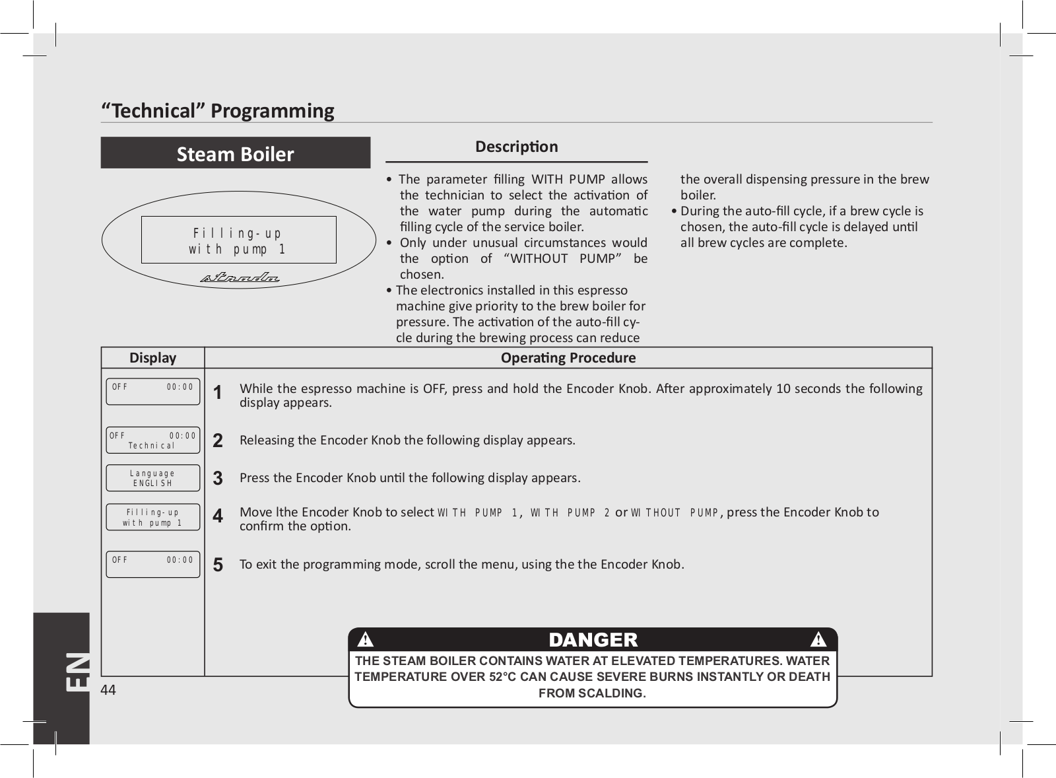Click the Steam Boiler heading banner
pos(235,153)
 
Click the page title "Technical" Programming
pos(217,110)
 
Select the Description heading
pos(516,147)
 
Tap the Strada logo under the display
pos(240,277)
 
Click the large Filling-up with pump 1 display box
pos(238,240)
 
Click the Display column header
pos(152,358)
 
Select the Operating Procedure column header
pos(568,358)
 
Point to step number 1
pos(218,393)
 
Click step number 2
pos(218,441)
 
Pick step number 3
pos(218,478)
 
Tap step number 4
pos(218,516)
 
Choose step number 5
pos(218,565)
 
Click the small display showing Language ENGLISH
pos(152,478)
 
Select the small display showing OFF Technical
pos(152,441)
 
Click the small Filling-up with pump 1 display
pos(152,517)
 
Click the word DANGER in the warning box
pos(593,639)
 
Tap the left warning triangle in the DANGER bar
pos(365,639)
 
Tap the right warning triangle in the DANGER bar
pos(818,639)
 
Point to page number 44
pos(108,690)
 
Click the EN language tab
pos(77,672)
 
